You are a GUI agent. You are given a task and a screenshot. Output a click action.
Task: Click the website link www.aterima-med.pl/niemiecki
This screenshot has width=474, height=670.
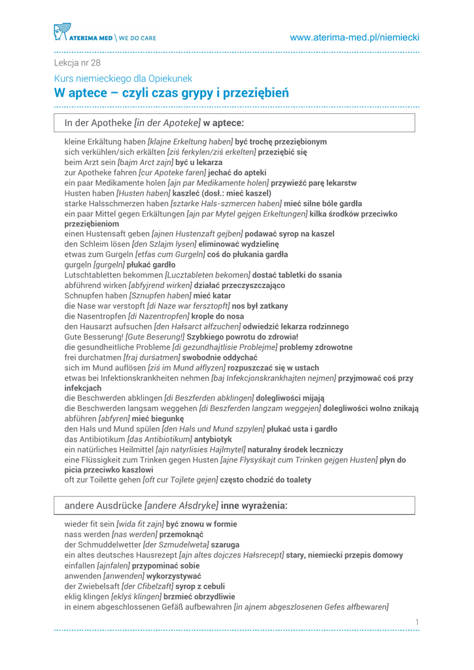pos(354,38)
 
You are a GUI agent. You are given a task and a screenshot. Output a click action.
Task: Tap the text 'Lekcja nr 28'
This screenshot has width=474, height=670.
pos(77,63)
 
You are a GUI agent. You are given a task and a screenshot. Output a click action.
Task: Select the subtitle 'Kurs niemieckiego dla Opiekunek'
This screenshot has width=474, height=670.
pos(123,79)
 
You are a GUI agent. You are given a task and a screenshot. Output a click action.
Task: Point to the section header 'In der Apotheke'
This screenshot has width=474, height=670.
pos(97,122)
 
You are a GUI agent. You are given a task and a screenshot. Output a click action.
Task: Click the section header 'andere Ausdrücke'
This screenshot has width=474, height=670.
pos(103,506)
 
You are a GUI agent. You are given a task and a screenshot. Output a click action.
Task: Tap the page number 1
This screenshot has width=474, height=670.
pos(416,622)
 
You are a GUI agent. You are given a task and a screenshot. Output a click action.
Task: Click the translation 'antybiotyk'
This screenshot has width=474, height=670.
pos(212,439)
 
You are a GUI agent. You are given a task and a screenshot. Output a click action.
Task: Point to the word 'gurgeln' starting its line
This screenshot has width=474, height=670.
pos(78,265)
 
